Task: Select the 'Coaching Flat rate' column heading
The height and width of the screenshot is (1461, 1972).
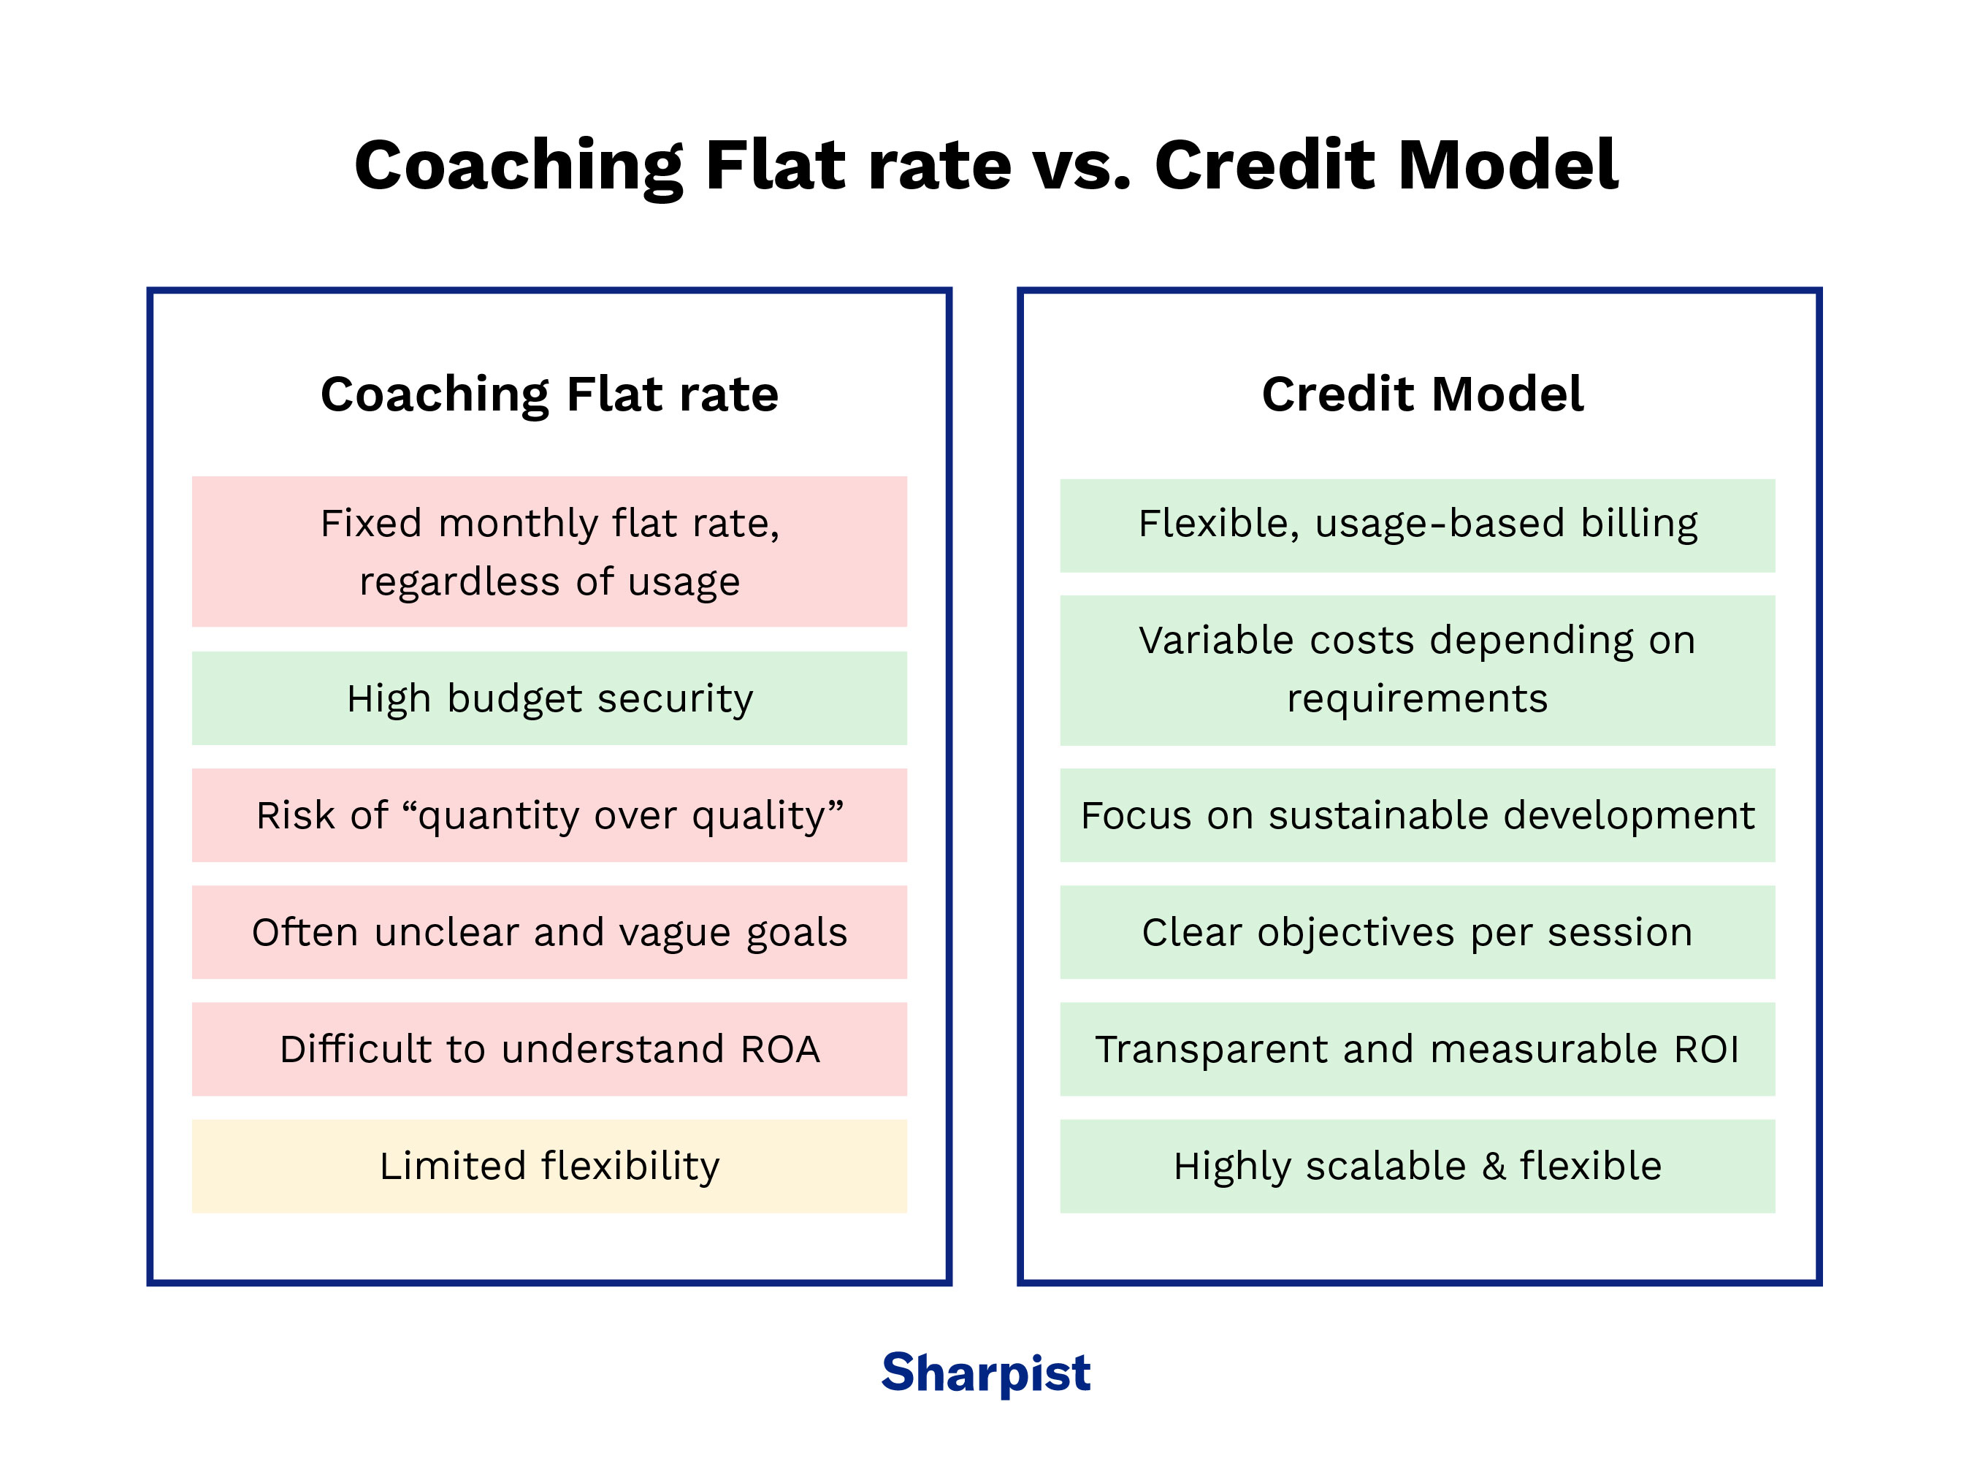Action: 549,394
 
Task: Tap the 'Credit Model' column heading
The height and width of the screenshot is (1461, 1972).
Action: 1421,394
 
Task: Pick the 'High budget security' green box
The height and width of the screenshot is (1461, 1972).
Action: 549,698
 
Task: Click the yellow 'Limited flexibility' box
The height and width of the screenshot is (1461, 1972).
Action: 549,1166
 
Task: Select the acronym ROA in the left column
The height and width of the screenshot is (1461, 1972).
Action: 780,1050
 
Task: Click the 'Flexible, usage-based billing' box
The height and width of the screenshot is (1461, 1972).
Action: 1417,524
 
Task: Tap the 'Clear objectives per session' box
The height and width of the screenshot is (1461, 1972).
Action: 1417,932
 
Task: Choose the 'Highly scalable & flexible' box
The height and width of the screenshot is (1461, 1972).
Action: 1417,1166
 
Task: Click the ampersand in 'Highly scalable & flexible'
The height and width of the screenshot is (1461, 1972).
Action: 1494,1166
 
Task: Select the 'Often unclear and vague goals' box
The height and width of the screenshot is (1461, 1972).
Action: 549,932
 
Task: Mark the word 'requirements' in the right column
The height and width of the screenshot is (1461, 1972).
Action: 1417,698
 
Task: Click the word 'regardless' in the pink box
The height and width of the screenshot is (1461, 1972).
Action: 459,582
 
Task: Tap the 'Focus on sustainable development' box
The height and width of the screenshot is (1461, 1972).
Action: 1417,815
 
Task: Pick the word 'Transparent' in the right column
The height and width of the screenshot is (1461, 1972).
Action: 1212,1050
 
